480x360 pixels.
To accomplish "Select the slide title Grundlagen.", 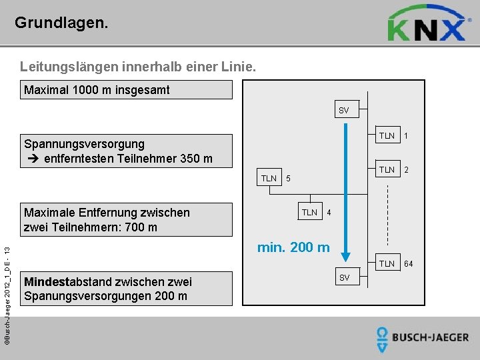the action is click(61, 23).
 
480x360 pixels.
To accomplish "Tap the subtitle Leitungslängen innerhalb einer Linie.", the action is click(137, 67).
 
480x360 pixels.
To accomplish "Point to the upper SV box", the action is click(343, 110).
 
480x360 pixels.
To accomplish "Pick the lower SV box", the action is click(344, 276).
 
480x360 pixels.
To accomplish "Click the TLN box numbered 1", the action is click(387, 136).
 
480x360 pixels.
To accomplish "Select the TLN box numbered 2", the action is click(387, 169).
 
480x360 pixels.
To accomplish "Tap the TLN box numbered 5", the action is click(269, 178).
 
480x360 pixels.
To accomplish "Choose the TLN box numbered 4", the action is click(309, 212).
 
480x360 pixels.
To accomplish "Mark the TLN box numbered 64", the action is click(387, 263).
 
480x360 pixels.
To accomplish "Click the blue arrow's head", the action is click(345, 254).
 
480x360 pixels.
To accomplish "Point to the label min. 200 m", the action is click(293, 247).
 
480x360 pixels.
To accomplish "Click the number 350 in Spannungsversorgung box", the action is click(189, 158).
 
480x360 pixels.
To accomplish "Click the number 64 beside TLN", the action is click(408, 264).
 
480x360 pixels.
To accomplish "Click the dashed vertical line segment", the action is click(387, 213).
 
